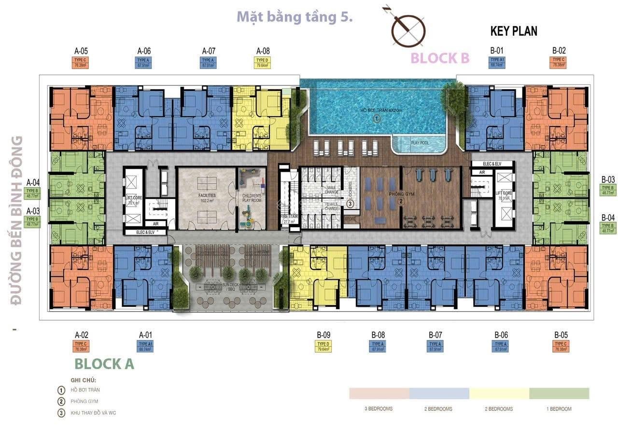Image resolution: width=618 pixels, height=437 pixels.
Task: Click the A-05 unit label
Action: click(81, 51)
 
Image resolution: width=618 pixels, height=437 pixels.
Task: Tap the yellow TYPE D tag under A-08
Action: click(263, 63)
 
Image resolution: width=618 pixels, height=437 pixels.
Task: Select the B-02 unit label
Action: click(559, 50)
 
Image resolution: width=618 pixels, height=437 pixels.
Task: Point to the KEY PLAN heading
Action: click(514, 31)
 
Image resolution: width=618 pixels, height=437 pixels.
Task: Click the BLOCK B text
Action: click(440, 58)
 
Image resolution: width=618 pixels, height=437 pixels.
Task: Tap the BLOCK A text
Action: click(104, 364)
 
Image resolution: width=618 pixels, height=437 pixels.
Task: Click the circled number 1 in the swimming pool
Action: click(377, 119)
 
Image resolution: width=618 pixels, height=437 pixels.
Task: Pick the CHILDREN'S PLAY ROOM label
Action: click(251, 197)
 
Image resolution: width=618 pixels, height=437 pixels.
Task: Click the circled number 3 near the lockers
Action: click(350, 204)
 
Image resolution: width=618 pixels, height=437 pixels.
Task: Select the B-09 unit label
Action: click(323, 335)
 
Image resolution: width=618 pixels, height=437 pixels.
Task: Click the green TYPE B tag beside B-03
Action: click(607, 190)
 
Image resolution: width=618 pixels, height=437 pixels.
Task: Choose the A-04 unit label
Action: click(33, 183)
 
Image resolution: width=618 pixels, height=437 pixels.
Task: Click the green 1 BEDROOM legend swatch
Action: click(559, 394)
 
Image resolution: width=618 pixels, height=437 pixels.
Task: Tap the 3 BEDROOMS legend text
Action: click(379, 409)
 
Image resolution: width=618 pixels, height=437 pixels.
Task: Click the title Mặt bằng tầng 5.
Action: click(295, 17)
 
